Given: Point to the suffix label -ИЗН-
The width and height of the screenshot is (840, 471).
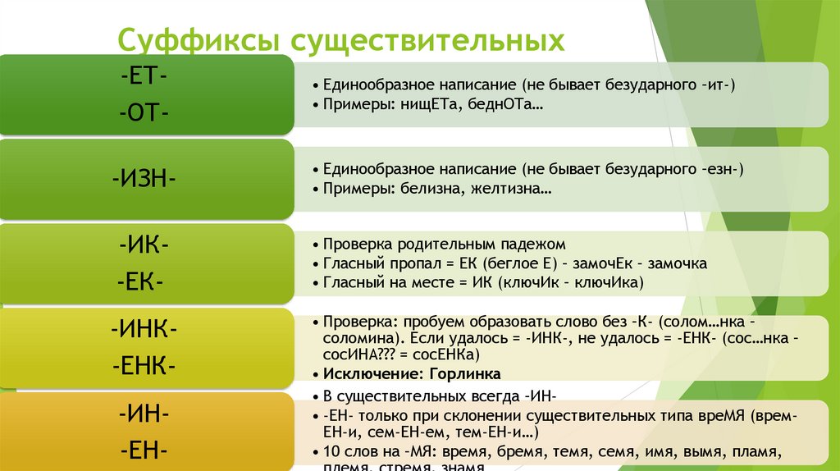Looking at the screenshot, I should pyautogui.click(x=145, y=178).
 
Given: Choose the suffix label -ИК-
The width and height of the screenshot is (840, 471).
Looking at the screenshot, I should pyautogui.click(x=144, y=245).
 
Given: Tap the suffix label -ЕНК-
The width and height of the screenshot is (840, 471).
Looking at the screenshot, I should pyautogui.click(x=144, y=364).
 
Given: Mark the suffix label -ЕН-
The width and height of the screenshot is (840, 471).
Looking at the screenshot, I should pyautogui.click(x=144, y=450).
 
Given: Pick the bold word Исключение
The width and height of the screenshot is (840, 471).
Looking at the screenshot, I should pyautogui.click(x=368, y=374).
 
